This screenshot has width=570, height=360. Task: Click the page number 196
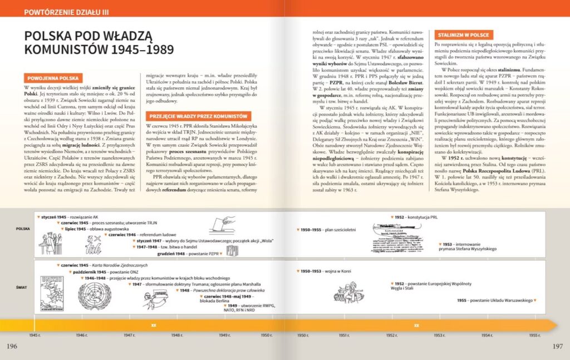point(12,347)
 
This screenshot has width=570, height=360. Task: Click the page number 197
point(558,347)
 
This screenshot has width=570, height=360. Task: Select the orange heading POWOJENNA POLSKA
point(53,78)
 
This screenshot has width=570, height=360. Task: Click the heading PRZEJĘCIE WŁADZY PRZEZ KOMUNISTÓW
point(198,116)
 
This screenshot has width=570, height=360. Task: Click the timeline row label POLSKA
point(23,229)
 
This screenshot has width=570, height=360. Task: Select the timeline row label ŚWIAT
point(23,288)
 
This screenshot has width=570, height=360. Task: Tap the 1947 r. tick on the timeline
point(129,335)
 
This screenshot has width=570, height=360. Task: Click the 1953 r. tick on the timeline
point(439,335)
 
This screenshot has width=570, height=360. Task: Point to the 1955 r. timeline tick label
point(534,335)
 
